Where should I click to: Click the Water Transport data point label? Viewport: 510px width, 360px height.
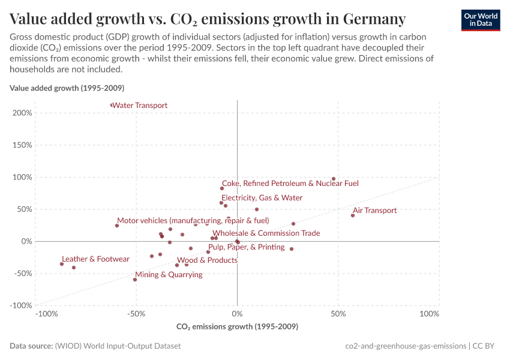point(140,106)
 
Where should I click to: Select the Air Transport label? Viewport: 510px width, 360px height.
point(374,211)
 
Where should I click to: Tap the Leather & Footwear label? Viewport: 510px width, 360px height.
point(95,259)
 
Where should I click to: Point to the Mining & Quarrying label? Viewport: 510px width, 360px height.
point(169,275)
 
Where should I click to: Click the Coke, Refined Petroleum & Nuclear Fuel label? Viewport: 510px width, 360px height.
point(290,183)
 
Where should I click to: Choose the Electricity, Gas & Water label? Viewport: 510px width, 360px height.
point(262,197)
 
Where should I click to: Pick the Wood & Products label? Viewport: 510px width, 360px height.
point(207,260)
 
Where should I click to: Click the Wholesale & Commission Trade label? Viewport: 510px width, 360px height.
point(266,233)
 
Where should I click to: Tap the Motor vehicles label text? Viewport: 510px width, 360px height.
point(193,221)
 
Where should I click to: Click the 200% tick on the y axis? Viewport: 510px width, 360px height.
point(22,113)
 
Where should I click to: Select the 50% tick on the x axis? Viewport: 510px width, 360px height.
point(338,314)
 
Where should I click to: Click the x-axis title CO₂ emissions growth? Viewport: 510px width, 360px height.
point(237,327)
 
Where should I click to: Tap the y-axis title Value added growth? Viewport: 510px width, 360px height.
point(67,88)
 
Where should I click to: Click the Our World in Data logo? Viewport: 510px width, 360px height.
point(480,20)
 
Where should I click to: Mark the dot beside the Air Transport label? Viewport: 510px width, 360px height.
point(353,215)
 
